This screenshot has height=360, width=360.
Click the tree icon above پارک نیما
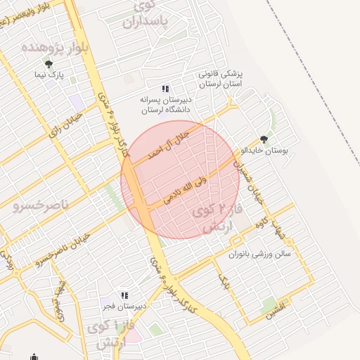point(48,64)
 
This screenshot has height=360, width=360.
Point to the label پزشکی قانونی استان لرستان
point(221,79)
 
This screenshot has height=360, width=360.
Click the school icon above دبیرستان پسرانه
point(165,89)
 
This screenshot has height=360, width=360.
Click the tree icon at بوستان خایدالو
point(264,139)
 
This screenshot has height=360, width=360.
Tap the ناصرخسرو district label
point(41,205)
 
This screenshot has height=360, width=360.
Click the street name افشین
point(276,309)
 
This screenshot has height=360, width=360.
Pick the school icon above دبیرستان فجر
point(124,295)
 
